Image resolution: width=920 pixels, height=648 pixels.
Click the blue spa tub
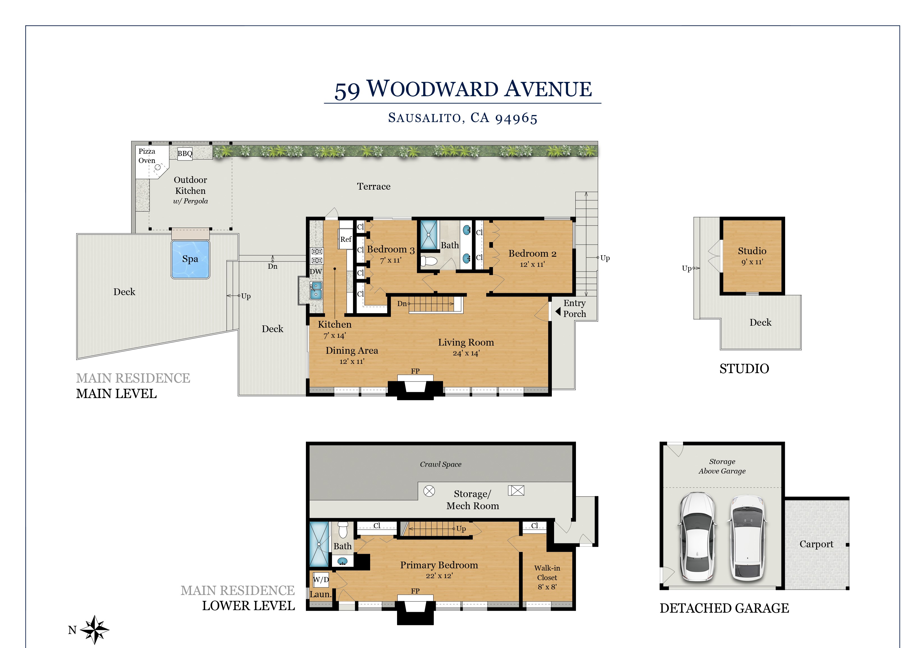[x=190, y=259]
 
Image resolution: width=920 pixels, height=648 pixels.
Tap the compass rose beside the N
[x=94, y=629]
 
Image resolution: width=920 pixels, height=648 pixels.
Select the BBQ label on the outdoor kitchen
[x=185, y=153]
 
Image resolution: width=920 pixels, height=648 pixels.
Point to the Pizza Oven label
[x=147, y=156]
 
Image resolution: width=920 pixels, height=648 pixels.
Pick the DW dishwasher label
[x=316, y=271]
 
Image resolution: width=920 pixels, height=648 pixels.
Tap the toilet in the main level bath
[x=429, y=261]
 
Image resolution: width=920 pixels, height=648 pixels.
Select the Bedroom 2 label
[x=532, y=253]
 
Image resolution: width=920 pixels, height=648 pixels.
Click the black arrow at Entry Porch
[x=558, y=311]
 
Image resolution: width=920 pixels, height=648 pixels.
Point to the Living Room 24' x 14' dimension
[x=466, y=353]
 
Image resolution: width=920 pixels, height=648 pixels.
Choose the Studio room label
[x=752, y=251]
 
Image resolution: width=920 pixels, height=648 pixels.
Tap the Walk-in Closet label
[x=547, y=573]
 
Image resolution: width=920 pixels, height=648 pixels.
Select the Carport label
[x=816, y=544]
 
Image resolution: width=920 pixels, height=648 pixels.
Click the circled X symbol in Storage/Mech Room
[x=429, y=491]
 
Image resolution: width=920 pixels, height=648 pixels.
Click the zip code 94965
[x=516, y=118]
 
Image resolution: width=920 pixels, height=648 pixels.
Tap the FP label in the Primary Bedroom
[x=415, y=591]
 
